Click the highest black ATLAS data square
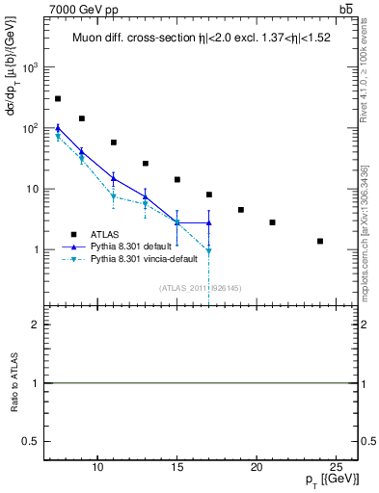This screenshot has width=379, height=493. pyautogui.click(x=58, y=99)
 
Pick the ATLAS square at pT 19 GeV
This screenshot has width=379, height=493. pyautogui.click(x=241, y=210)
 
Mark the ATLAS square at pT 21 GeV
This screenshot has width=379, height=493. pyautogui.click(x=273, y=222)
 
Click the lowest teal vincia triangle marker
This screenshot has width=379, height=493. pyautogui.click(x=209, y=251)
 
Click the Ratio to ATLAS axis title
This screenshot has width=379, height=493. pyautogui.click(x=14, y=383)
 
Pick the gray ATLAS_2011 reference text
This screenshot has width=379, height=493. pyautogui.click(x=200, y=288)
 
